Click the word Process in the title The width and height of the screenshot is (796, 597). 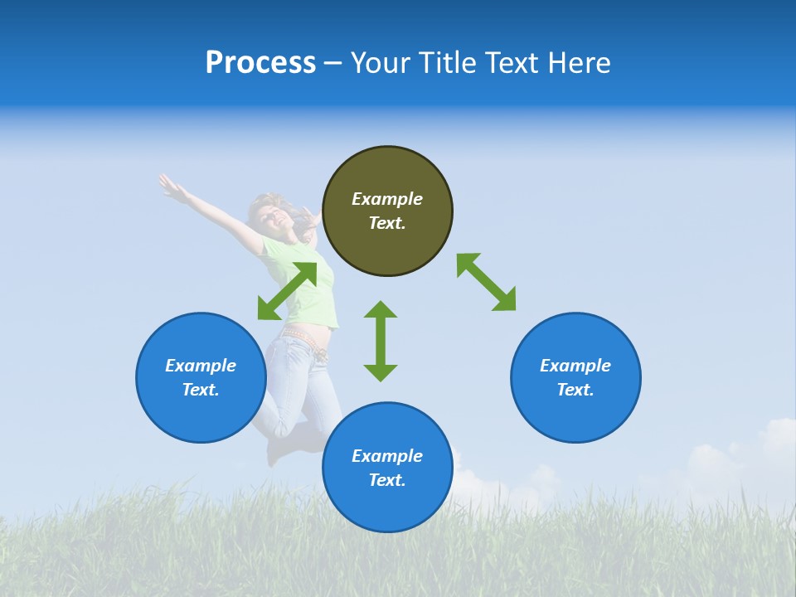click(260, 63)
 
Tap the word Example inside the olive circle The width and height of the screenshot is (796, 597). click(387, 199)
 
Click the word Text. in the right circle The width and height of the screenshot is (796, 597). click(575, 390)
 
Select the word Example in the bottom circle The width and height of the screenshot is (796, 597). click(387, 455)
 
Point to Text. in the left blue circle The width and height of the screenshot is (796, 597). click(201, 390)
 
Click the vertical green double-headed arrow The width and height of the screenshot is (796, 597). click(381, 341)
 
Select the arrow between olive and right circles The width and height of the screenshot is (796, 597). click(486, 282)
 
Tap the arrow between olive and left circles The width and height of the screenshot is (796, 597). click(287, 290)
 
